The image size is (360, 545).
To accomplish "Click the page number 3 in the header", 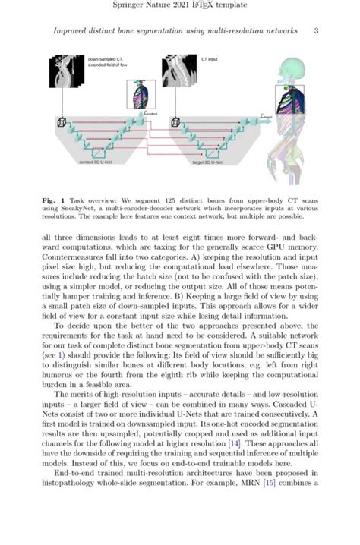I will pyautogui.click(x=315, y=30).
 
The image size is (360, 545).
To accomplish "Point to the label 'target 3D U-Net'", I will pyautogui.click(x=207, y=162).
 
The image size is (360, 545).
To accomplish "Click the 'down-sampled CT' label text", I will pyautogui.click(x=105, y=59).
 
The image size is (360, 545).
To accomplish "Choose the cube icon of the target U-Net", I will pyautogui.click(x=175, y=121).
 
